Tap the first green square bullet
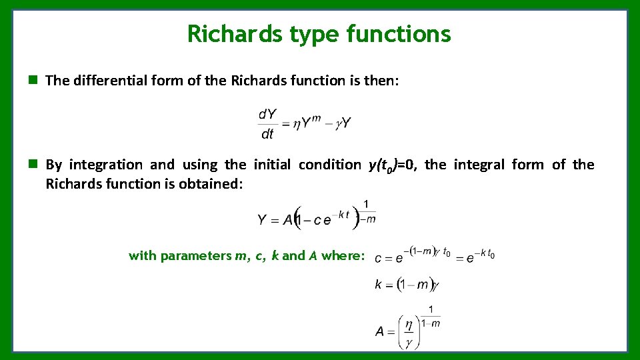point(31,81)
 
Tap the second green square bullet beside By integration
point(31,164)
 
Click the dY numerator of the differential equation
point(267,115)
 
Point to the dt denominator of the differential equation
point(267,134)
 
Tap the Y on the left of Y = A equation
point(263,219)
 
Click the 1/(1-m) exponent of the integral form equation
point(366,211)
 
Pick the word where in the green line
point(343,255)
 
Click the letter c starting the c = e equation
point(378,258)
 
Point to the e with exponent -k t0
point(470,258)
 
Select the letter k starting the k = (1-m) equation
point(378,285)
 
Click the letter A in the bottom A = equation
point(380,331)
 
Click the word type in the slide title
point(311,33)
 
